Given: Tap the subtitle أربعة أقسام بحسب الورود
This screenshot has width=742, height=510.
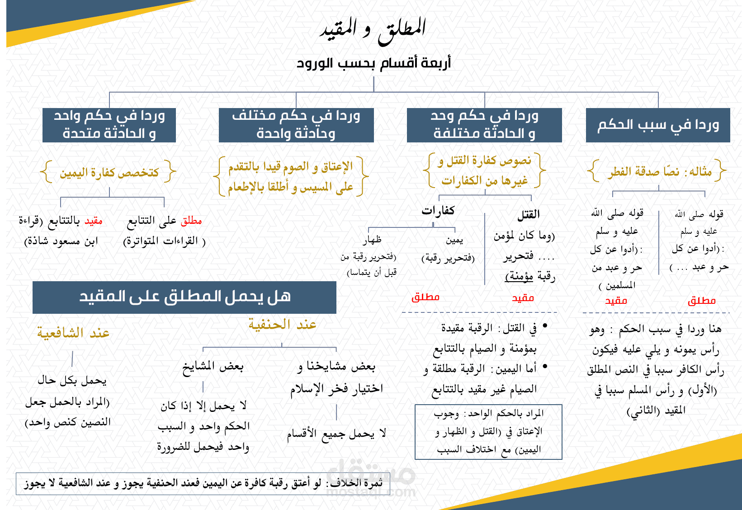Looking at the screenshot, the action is click(373, 63).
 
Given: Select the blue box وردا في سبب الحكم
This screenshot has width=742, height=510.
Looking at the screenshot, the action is click(658, 125).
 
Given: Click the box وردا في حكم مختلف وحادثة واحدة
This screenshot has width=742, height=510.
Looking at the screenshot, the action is click(296, 125).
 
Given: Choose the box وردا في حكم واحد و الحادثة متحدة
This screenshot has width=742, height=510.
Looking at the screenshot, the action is click(109, 125).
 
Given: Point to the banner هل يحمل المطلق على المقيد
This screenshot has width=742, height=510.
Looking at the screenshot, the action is click(184, 297).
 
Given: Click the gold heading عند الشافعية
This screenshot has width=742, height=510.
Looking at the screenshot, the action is click(73, 332).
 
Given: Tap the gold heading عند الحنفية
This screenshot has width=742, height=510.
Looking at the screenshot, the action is click(282, 324).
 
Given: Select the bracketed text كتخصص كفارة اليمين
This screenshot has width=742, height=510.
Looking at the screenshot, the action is click(109, 172).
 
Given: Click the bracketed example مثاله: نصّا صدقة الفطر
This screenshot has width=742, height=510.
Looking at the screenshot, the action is click(659, 171).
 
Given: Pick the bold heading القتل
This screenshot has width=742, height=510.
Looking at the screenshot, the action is click(528, 214).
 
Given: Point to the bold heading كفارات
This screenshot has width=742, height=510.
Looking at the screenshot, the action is click(438, 210).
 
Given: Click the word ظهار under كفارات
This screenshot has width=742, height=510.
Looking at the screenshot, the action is click(372, 240).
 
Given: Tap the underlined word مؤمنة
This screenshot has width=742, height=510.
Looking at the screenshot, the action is click(519, 276).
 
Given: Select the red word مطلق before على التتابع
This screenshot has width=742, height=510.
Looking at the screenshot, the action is click(191, 221).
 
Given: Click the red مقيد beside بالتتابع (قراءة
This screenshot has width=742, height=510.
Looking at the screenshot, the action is click(94, 221).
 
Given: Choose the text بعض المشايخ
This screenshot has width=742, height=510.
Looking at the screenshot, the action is click(213, 366).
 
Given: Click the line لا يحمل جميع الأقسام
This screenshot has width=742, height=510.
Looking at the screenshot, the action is click(336, 433).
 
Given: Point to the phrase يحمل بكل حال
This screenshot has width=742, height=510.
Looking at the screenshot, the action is click(72, 380).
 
